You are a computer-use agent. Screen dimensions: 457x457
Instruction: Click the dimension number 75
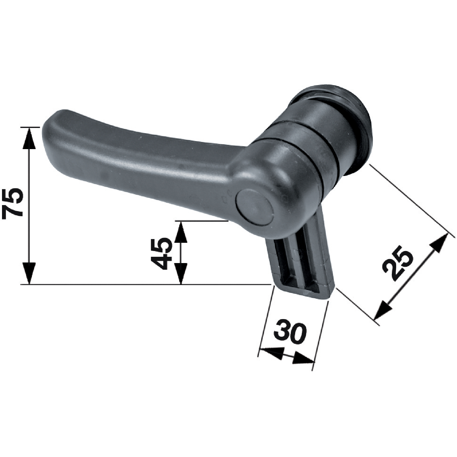click(x=13, y=203)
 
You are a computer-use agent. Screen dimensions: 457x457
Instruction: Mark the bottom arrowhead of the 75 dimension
click(x=29, y=273)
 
